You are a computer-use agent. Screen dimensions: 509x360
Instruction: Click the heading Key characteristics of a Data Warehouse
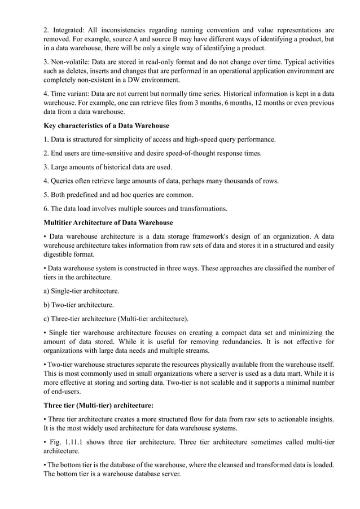click(x=107, y=125)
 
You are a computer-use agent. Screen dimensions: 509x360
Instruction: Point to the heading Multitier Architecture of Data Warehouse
click(x=108, y=222)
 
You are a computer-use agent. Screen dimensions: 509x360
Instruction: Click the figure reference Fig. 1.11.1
click(x=67, y=442)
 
